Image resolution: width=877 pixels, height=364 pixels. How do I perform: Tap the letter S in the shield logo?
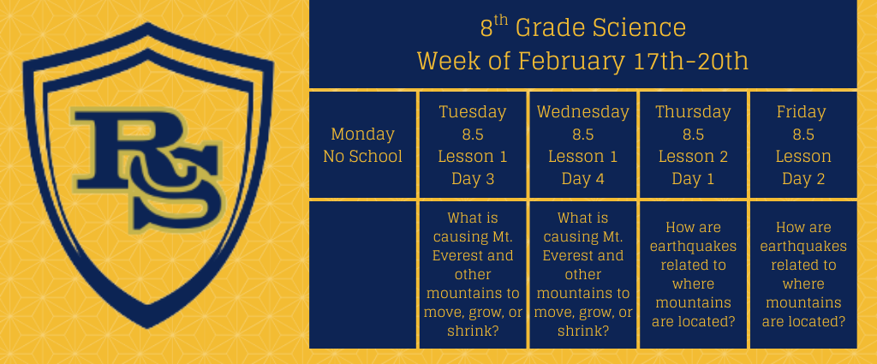pos(176,188)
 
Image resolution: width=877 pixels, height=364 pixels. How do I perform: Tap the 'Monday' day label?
pos(362,134)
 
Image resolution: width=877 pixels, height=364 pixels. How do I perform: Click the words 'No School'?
pos(362,157)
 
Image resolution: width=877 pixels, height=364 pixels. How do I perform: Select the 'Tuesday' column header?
pos(473,112)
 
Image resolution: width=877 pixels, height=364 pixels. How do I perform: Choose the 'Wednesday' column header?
pos(582,112)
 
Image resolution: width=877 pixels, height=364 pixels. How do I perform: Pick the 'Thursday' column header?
pos(693,112)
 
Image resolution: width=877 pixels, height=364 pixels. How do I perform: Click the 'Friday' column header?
pos(803,112)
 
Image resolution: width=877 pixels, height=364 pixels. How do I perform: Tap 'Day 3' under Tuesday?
pos(473,179)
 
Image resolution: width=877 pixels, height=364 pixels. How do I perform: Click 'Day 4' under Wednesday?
pos(582,179)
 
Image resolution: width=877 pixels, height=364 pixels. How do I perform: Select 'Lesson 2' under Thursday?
pos(693,157)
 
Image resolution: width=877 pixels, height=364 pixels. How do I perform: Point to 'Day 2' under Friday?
pos(803,179)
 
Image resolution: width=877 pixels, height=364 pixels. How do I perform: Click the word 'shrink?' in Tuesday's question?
pos(473,331)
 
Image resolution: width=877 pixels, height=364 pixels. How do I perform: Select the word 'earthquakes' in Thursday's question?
pos(693,246)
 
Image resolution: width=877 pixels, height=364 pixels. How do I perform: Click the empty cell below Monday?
pos(362,275)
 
